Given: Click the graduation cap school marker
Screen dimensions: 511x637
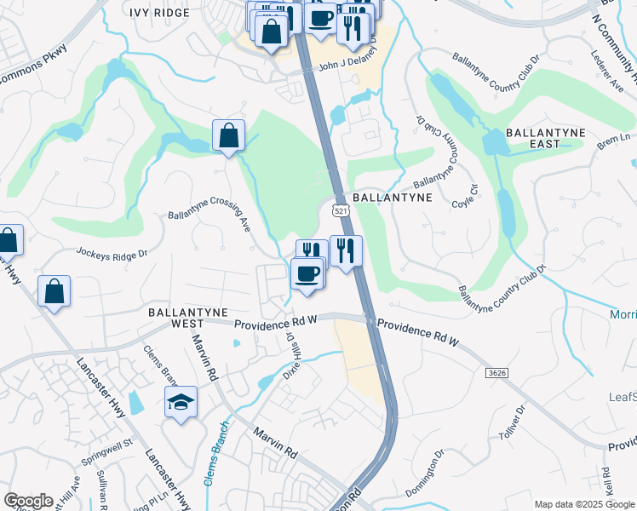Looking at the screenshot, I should (181, 402).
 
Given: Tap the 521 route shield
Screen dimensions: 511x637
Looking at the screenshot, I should (341, 210).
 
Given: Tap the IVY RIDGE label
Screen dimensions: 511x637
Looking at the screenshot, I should (159, 13).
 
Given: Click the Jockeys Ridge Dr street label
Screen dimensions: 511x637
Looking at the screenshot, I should (112, 253).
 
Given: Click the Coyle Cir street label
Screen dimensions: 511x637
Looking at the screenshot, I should (463, 199).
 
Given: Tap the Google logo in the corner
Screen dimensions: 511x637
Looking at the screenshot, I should (28, 501).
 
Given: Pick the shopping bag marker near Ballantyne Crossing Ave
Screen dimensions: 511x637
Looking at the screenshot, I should (229, 135).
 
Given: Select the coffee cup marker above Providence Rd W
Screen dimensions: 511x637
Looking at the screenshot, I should (307, 274).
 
